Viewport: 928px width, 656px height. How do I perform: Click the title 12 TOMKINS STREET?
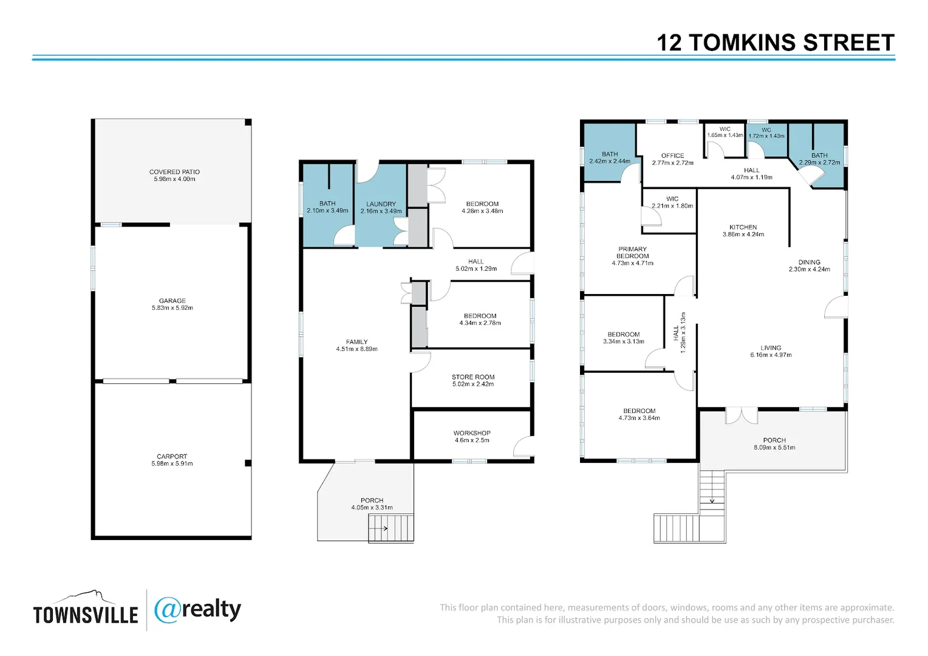click(x=775, y=43)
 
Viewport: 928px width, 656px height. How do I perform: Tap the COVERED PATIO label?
click(x=174, y=172)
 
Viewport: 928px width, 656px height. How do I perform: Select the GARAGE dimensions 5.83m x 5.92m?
click(x=172, y=308)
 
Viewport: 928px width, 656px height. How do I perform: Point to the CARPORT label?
click(x=172, y=457)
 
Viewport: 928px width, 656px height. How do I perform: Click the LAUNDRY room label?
click(x=381, y=204)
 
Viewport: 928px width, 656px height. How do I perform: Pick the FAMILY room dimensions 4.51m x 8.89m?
click(x=357, y=349)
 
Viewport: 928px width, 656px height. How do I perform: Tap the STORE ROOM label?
click(x=473, y=377)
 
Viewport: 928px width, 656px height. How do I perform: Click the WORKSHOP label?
click(x=472, y=433)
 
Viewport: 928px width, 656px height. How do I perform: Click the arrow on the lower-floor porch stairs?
click(x=378, y=528)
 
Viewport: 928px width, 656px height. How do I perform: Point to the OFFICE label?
click(x=672, y=156)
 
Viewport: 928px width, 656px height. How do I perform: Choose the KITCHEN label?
click(x=743, y=227)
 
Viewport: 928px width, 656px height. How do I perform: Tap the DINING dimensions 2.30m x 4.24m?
click(x=809, y=269)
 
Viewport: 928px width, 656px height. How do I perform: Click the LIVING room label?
click(x=771, y=348)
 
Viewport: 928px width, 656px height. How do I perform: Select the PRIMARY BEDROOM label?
click(x=632, y=252)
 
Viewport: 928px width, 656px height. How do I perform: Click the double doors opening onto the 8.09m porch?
click(x=742, y=415)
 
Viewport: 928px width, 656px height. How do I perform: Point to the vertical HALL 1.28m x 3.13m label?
click(x=680, y=332)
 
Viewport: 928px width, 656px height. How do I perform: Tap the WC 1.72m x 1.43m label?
click(x=766, y=133)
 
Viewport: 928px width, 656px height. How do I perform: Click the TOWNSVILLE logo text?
click(x=86, y=615)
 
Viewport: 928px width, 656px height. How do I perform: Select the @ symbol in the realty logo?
click(x=168, y=610)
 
